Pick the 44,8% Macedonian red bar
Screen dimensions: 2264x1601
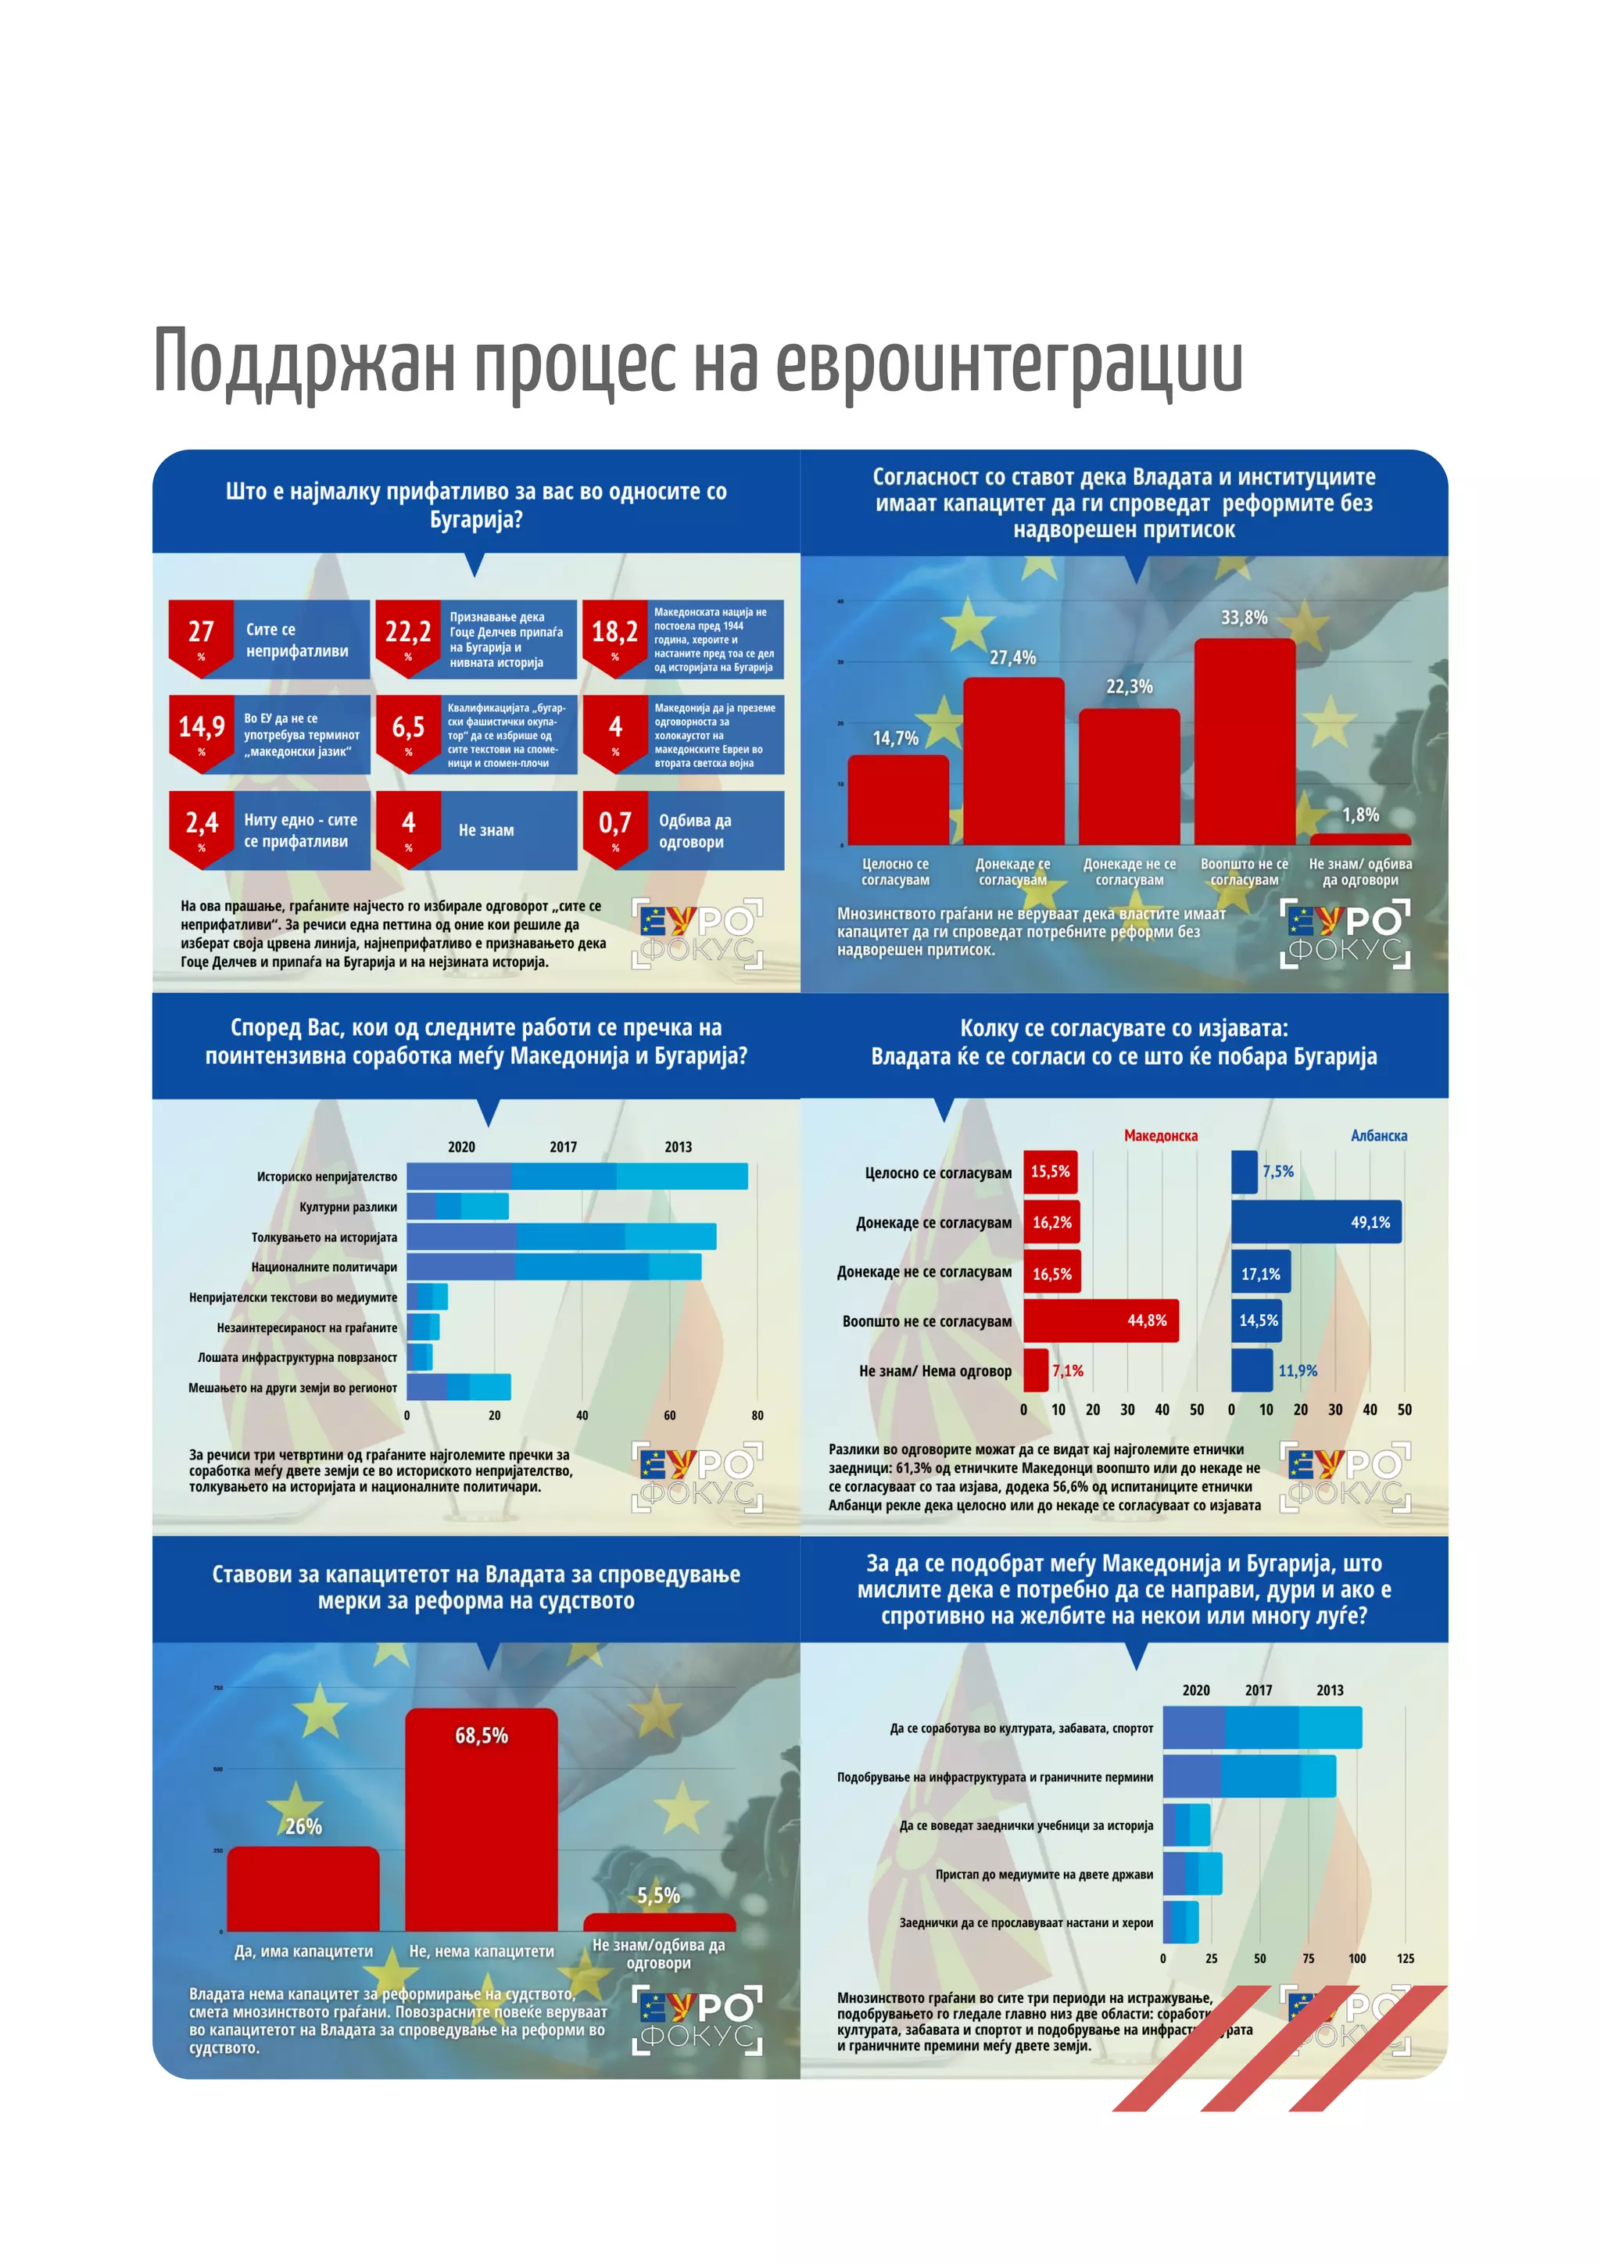[x=1100, y=1320]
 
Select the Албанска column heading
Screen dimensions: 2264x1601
[x=1378, y=1136]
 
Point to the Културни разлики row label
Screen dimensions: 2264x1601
[x=348, y=1207]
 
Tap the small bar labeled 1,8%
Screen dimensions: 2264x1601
[x=1359, y=839]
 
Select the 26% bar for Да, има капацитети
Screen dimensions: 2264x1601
[x=303, y=1888]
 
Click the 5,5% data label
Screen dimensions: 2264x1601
[x=657, y=1895]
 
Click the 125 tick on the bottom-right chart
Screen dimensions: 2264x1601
[x=1405, y=1958]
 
